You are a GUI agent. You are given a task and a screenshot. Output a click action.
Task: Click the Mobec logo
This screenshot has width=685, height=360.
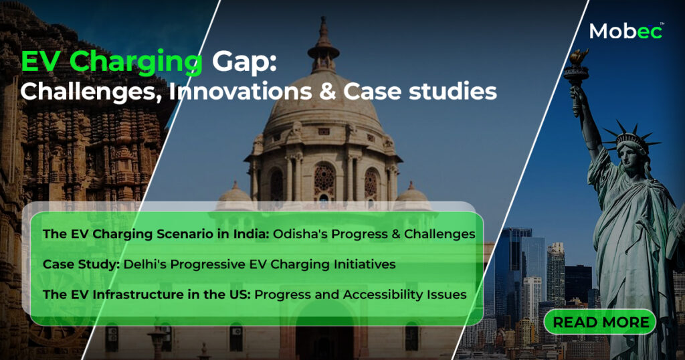(626, 31)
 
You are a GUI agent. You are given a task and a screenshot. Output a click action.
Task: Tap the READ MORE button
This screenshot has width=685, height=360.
(600, 322)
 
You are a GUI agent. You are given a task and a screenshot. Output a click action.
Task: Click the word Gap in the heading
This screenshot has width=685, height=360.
(244, 62)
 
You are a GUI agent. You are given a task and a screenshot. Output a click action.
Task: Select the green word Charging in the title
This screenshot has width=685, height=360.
(136, 62)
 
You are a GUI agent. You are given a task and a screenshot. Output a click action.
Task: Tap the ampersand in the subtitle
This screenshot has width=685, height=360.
(328, 92)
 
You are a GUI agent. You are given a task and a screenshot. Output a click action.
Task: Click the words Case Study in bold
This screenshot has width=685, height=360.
(81, 265)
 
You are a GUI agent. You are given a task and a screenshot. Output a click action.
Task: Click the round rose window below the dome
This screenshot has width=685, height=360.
(324, 179)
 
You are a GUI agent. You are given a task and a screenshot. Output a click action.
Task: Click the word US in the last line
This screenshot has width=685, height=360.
(239, 295)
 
